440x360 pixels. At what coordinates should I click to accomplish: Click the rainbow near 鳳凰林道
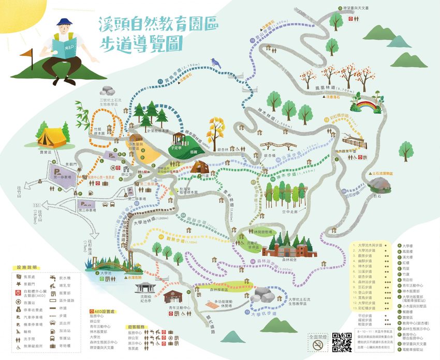tap(366, 108)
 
